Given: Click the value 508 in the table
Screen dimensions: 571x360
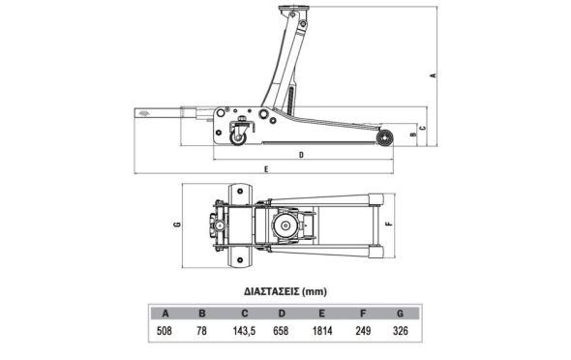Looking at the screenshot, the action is tap(164, 331).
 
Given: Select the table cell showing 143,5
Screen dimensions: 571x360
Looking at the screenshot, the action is tap(244, 331).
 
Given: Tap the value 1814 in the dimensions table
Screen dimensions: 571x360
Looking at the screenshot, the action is tap(322, 331).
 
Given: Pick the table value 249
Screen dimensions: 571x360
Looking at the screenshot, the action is tap(363, 331).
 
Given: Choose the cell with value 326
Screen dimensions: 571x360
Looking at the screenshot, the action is tap(401, 331).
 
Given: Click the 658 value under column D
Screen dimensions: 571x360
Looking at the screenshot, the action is tap(281, 331).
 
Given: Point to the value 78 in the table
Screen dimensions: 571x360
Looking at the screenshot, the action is tap(201, 331).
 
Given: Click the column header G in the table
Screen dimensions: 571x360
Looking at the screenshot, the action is tap(400, 314).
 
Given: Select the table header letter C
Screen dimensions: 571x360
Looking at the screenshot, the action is tap(244, 314).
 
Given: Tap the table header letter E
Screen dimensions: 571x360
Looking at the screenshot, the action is tap(321, 314).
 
